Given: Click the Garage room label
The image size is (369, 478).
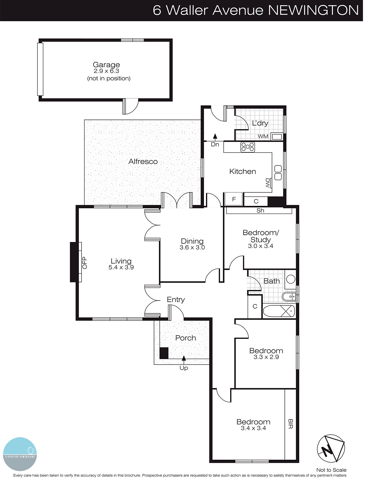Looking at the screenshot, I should [106, 65].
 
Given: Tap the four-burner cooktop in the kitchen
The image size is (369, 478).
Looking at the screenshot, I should [248, 147].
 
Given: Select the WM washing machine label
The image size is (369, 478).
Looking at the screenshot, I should [263, 136].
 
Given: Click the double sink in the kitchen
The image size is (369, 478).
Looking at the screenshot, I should [278, 173].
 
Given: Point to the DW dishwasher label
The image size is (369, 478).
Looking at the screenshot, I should [268, 183].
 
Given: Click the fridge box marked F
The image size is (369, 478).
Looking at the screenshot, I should [234, 199].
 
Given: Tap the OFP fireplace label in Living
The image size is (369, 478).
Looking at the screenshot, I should [85, 263].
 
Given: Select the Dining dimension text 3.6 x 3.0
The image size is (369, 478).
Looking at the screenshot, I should [192, 247].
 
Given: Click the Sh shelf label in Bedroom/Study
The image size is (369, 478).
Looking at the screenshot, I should [260, 210].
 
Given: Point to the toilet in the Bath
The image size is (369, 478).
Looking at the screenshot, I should [289, 297].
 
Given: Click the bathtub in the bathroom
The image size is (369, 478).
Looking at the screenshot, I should [279, 311].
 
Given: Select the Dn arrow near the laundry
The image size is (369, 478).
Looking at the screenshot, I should [215, 137].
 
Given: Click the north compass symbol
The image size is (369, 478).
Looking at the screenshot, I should [330, 448].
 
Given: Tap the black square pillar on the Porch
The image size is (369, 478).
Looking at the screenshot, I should [164, 353].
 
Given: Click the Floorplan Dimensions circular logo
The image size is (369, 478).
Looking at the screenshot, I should [20, 454].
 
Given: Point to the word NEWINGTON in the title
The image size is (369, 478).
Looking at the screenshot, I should [313, 10].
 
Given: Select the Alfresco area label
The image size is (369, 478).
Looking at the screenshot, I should [143, 162].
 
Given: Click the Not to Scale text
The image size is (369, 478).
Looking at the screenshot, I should [331, 470].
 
